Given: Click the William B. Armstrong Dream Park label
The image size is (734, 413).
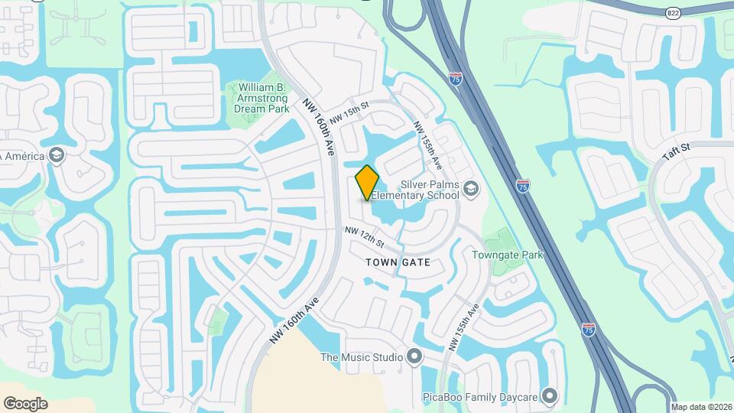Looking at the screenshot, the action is [262, 98].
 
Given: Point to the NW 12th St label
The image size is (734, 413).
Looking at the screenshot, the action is [364, 236].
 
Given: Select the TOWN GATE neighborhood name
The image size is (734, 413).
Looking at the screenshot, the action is [398, 262].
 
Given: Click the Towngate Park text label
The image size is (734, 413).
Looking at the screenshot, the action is [508, 255].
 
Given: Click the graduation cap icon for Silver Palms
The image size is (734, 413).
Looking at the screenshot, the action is [471, 188].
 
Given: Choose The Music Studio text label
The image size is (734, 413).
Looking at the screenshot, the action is [362, 356].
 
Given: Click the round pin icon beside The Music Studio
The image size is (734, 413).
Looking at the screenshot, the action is [414, 356].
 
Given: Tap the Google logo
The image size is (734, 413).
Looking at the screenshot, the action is [24, 403].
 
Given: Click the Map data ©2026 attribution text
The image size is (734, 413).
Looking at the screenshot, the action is [701, 407].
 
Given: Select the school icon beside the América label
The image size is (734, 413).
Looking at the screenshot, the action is [57, 155].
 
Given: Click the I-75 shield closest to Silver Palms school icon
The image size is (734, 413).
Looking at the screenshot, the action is [523, 185].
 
